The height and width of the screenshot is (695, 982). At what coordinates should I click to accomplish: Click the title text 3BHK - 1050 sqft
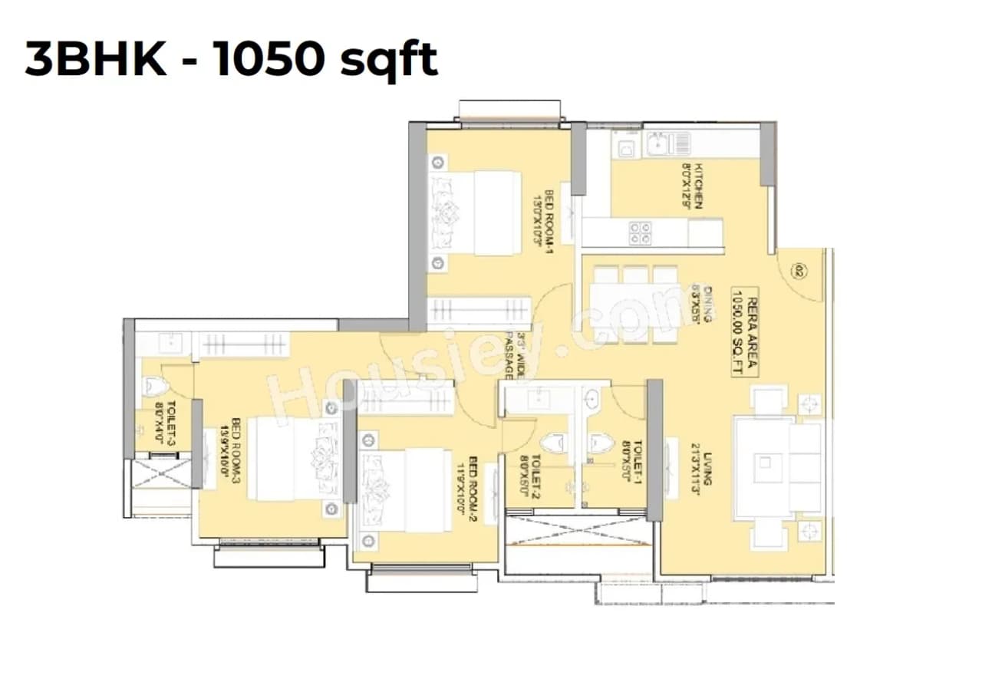pos(231,61)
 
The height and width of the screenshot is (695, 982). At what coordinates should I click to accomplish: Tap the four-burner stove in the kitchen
pos(640,232)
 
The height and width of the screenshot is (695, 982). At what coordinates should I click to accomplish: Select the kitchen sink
pos(661,143)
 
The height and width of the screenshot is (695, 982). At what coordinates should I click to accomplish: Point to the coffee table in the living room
pos(766,466)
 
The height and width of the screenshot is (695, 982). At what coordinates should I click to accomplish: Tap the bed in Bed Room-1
pos(476,212)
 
